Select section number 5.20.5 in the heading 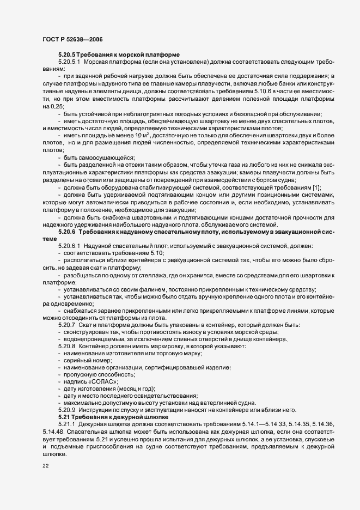click(68, 55)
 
